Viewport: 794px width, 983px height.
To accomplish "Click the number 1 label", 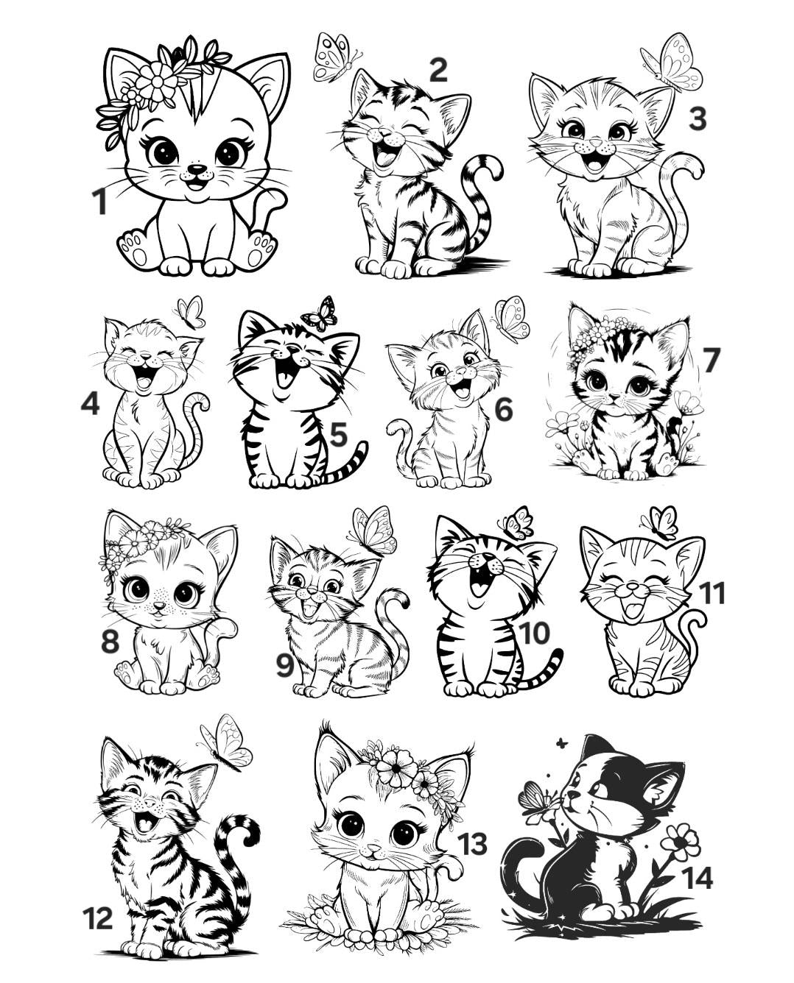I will point(99,202).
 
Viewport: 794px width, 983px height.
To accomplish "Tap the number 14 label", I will point(696,878).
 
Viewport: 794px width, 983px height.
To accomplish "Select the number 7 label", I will point(711,361).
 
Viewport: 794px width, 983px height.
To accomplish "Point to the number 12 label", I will point(97,918).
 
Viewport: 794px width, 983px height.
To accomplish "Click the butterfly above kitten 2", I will point(334,57).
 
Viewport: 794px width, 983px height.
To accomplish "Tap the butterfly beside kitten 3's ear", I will point(672,62).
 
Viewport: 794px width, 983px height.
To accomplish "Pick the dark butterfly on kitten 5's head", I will point(320,315).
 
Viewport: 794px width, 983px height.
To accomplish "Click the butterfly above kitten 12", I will point(227,742).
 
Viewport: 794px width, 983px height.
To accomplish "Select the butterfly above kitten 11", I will point(660,522).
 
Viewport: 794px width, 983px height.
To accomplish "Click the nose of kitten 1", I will point(197,169).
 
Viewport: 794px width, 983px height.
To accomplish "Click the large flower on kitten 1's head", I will point(156,80).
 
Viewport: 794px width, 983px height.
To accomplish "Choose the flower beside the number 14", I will point(681,841).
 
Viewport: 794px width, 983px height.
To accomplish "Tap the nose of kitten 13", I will point(375,849).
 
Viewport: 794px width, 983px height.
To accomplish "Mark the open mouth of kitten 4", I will point(144,378).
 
